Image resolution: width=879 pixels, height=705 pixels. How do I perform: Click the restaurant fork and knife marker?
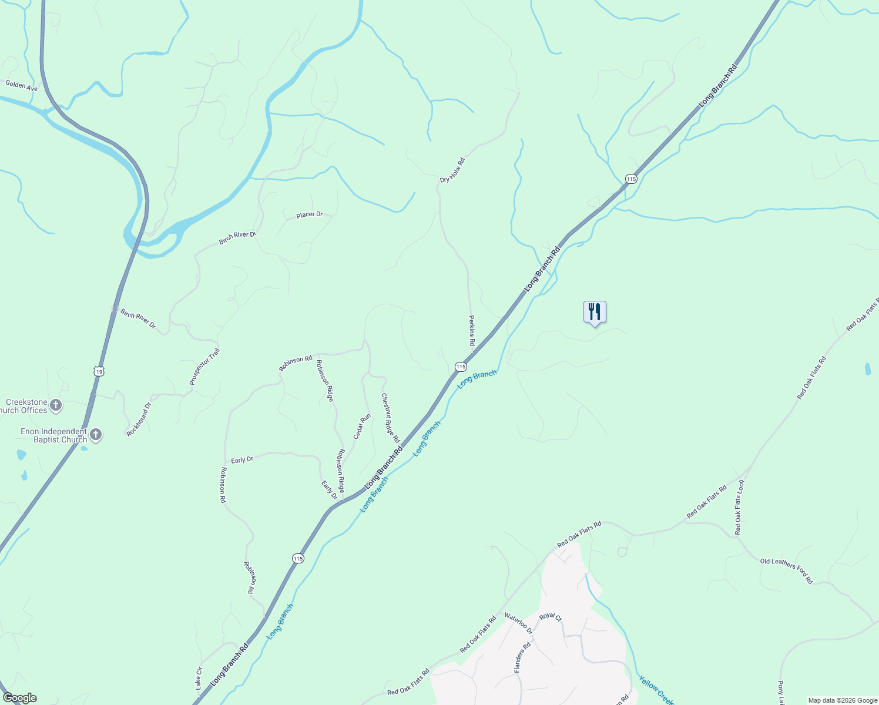595,312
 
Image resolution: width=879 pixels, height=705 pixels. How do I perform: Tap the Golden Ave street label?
22,86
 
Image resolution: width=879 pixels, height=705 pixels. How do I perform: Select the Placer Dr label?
310,215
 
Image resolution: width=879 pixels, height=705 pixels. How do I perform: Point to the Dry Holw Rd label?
452,170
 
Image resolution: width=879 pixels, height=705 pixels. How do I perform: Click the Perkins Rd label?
471,330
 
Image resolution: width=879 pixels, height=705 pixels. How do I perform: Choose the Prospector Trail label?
204,367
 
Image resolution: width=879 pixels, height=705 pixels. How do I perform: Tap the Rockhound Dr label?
139,419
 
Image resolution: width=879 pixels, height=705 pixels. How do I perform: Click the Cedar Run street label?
362,427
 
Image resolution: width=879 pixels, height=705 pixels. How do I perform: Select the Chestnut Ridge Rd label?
391,418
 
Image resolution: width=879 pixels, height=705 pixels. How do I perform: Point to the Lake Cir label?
199,678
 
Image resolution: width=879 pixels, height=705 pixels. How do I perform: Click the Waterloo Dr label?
518,623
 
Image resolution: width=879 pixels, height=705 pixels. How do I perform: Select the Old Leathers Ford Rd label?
786,571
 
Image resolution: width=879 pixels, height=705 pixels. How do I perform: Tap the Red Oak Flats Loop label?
739,508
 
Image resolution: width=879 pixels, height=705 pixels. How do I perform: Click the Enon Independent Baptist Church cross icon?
96,435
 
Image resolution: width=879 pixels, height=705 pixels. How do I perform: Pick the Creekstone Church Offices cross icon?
56,405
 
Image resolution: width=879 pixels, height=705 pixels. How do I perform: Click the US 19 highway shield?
99,371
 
